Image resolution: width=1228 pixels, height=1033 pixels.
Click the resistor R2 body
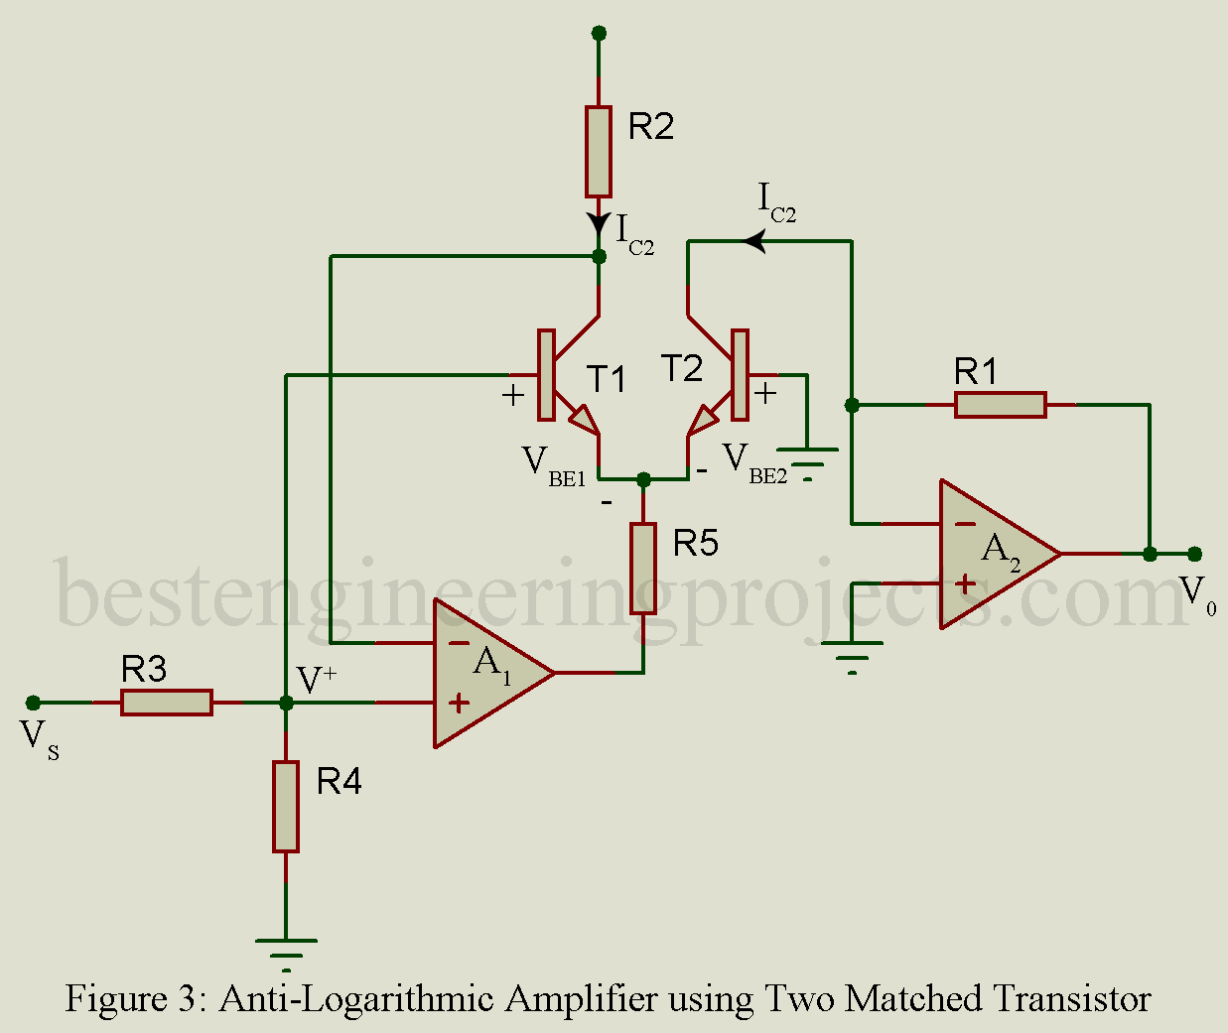(x=598, y=152)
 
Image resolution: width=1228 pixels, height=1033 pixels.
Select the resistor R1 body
(x=1000, y=405)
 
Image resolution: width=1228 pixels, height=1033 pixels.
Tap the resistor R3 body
(x=167, y=703)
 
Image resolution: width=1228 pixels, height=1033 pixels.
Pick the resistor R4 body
(x=286, y=806)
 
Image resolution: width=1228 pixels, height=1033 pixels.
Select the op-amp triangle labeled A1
(x=486, y=673)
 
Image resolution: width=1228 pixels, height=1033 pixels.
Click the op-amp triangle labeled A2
(x=993, y=554)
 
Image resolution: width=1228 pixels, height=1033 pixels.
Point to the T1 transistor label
(x=606, y=379)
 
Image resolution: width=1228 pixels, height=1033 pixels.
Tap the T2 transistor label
(x=683, y=369)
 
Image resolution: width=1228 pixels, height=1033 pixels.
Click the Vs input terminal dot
(x=33, y=703)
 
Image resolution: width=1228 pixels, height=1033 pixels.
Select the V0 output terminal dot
(x=1194, y=554)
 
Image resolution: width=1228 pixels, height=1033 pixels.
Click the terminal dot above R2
(x=599, y=33)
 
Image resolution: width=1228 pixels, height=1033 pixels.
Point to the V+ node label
(x=317, y=680)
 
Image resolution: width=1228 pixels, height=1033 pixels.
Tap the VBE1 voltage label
(x=552, y=465)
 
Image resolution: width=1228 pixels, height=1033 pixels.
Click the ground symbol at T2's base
(x=807, y=459)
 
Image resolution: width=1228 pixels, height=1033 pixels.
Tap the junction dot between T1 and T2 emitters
(x=643, y=479)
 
